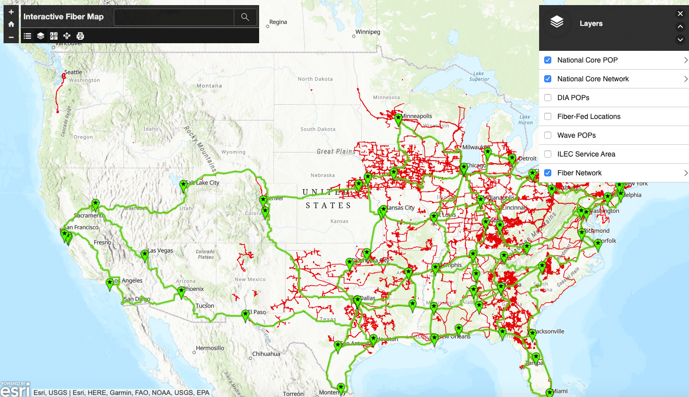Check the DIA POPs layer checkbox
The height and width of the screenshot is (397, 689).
548,98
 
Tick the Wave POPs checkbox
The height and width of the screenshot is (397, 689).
548,135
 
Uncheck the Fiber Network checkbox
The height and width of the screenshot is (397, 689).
548,173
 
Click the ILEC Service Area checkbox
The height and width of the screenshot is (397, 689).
548,154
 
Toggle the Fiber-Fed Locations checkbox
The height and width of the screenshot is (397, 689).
548,116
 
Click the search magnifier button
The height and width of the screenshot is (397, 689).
245,17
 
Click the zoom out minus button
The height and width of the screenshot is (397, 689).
11,37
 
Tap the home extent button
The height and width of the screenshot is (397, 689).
11,24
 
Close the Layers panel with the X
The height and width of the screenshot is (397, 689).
680,14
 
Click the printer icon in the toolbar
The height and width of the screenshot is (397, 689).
80,36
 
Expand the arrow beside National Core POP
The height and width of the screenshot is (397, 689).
685,60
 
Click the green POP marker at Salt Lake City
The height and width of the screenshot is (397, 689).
184,187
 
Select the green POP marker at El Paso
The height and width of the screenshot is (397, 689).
245,315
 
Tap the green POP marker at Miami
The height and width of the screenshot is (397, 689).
549,392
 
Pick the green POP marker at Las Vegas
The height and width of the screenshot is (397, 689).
145,255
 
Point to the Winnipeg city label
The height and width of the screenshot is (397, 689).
367,32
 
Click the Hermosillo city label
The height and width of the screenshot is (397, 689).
210,348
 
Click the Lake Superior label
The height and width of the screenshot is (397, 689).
479,76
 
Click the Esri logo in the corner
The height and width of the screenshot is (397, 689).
15,390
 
